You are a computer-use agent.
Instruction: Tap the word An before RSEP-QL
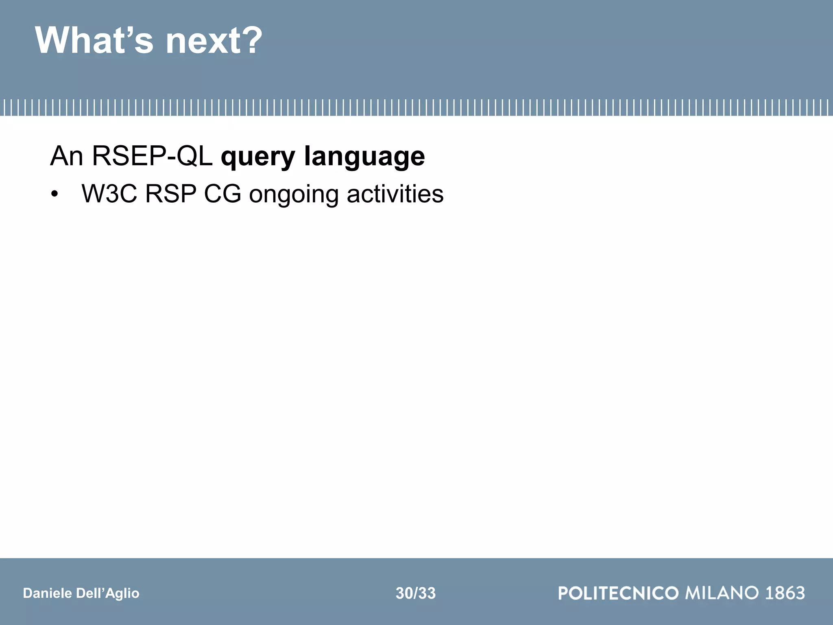point(66,156)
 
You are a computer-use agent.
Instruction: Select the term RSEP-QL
point(152,156)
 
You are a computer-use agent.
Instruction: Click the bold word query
point(258,158)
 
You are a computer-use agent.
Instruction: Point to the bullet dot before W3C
point(55,194)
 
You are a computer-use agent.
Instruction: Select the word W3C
point(109,194)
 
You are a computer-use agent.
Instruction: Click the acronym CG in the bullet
point(222,194)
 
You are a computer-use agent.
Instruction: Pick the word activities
point(395,194)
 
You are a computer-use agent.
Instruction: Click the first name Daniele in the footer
point(47,593)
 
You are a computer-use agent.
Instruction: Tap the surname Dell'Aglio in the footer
point(107,593)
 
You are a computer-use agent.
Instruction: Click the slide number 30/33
point(415,593)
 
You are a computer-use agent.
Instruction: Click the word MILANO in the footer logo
point(722,593)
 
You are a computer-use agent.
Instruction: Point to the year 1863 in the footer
point(785,593)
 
